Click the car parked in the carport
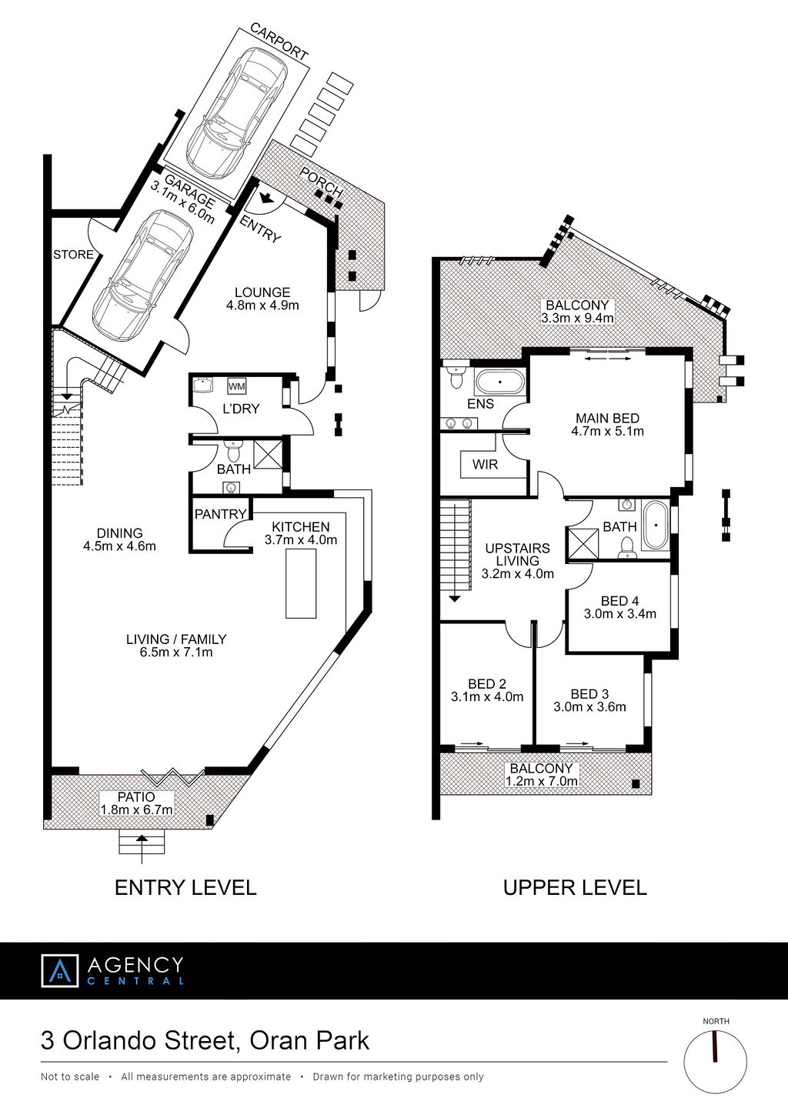[x=236, y=112]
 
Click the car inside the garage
[x=143, y=275]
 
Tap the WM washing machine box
[x=236, y=386]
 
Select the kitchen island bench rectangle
[x=301, y=585]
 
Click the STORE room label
[x=73, y=255]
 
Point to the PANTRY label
[x=221, y=514]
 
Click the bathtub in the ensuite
[x=500, y=383]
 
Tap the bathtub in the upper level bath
[x=656, y=526]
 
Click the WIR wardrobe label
[x=485, y=465]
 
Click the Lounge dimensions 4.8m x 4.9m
[x=263, y=305]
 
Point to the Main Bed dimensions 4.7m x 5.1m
[x=607, y=431]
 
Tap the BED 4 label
[x=619, y=601]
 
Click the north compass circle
[x=716, y=1062]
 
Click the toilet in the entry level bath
[x=232, y=451]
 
